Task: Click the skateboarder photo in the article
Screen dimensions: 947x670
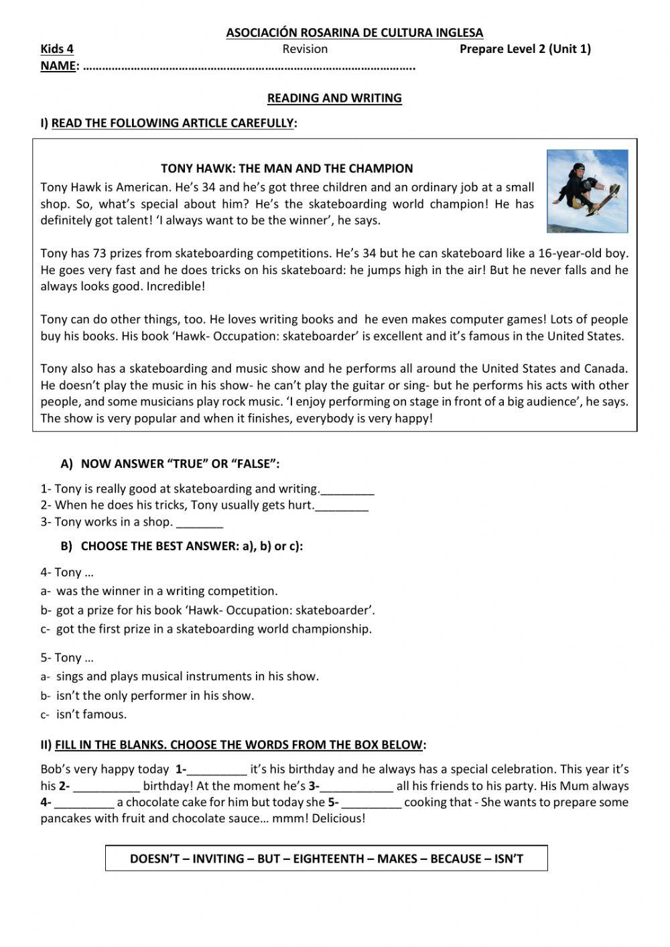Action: pyautogui.click(x=588, y=191)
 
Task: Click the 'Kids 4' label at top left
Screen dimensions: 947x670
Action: pyautogui.click(x=57, y=49)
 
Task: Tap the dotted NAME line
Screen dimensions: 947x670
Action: pyautogui.click(x=248, y=67)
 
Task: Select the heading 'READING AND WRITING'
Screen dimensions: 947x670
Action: pyautogui.click(x=334, y=98)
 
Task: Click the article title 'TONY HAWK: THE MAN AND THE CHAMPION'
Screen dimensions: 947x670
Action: pyautogui.click(x=287, y=168)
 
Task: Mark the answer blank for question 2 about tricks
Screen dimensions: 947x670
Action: pyautogui.click(x=342, y=506)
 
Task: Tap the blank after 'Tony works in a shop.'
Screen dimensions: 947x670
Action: pyautogui.click(x=200, y=523)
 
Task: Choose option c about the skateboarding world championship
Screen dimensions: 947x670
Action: pyautogui.click(x=213, y=629)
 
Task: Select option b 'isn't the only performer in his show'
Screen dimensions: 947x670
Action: pyautogui.click(x=155, y=696)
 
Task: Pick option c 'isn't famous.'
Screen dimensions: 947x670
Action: pyautogui.click(x=91, y=714)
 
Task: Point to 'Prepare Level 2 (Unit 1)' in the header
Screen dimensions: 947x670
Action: pyautogui.click(x=525, y=49)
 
